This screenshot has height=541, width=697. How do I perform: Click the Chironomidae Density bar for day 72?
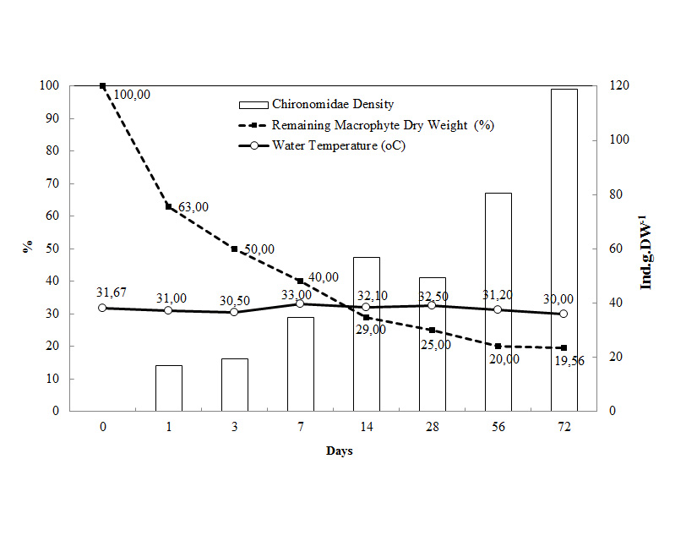click(564, 249)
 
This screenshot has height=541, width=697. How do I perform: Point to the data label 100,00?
click(131, 95)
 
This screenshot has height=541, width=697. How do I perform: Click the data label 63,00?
click(193, 206)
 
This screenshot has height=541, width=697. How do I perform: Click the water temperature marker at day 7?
click(300, 303)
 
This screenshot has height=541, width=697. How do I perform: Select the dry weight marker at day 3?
click(234, 249)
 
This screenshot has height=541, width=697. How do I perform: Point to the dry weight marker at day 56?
click(498, 346)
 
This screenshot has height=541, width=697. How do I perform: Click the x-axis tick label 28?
click(432, 428)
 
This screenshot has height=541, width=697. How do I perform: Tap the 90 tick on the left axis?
click(52, 118)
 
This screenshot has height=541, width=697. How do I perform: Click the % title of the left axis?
click(28, 248)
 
